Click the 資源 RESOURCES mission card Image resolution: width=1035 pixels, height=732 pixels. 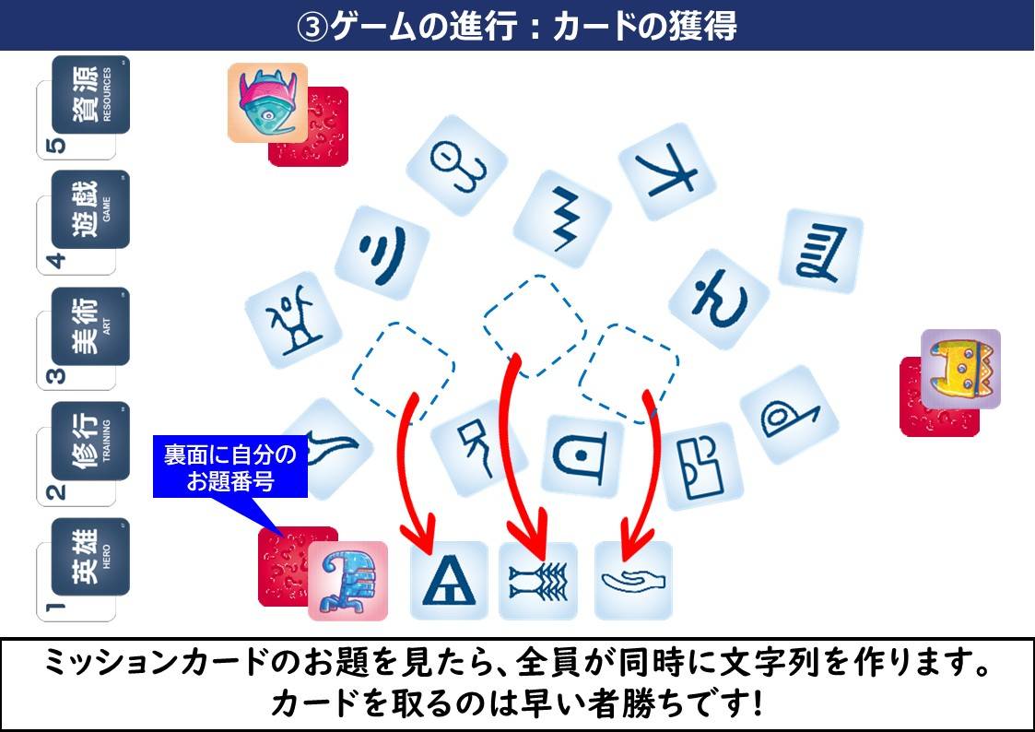click(90, 94)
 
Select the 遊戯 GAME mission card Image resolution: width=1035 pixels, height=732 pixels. click(90, 209)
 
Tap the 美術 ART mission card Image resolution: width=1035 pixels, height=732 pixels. click(90, 326)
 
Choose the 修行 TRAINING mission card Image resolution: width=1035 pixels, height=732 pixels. click(90, 441)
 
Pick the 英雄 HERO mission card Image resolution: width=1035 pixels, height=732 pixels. click(90, 557)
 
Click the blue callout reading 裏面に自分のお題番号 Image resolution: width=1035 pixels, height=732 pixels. click(230, 466)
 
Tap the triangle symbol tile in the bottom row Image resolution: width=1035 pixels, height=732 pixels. click(449, 580)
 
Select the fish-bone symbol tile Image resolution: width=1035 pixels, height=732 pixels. click(538, 581)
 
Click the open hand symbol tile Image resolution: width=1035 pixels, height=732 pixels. click(634, 581)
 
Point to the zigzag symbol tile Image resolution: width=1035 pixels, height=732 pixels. click(562, 219)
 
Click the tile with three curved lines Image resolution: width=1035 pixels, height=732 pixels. click(382, 254)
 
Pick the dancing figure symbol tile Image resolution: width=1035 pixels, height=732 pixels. click(293, 320)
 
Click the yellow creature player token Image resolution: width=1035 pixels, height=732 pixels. click(961, 369)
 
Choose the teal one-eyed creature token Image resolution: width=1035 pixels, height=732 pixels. click(268, 103)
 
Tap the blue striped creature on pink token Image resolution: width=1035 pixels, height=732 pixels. click(347, 581)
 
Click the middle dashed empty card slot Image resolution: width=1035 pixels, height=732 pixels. click(535, 326)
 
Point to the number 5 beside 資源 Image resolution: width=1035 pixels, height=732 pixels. click(58, 146)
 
